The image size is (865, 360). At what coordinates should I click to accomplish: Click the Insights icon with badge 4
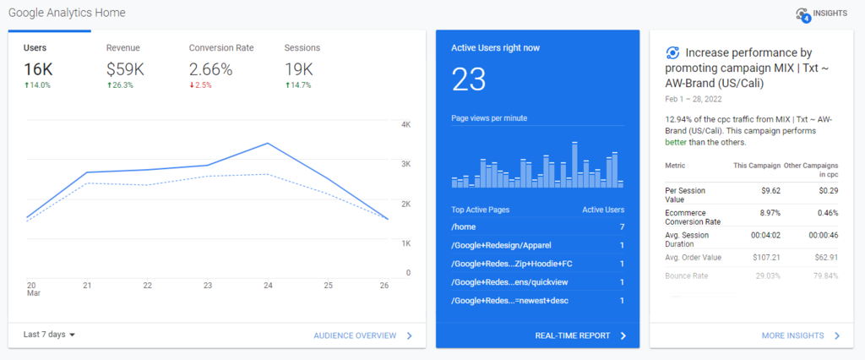pyautogui.click(x=802, y=14)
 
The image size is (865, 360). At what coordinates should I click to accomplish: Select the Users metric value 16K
pyautogui.click(x=38, y=68)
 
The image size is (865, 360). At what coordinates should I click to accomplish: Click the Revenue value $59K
pyautogui.click(x=124, y=68)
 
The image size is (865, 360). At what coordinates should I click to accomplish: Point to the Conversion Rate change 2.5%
pyautogui.click(x=203, y=85)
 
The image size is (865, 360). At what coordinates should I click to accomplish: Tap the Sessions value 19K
pyautogui.click(x=299, y=68)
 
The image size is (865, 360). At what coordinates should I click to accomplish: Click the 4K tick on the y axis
pyautogui.click(x=405, y=125)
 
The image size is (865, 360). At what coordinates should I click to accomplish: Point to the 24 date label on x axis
pyautogui.click(x=268, y=286)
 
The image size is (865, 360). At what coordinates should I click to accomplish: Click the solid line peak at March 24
pyautogui.click(x=268, y=144)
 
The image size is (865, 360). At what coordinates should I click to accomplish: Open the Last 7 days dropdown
pyautogui.click(x=49, y=335)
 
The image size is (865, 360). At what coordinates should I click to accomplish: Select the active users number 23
pyautogui.click(x=469, y=80)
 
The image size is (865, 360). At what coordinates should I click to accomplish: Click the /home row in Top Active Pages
pyautogui.click(x=537, y=227)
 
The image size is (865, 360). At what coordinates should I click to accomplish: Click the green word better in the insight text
pyautogui.click(x=677, y=143)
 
